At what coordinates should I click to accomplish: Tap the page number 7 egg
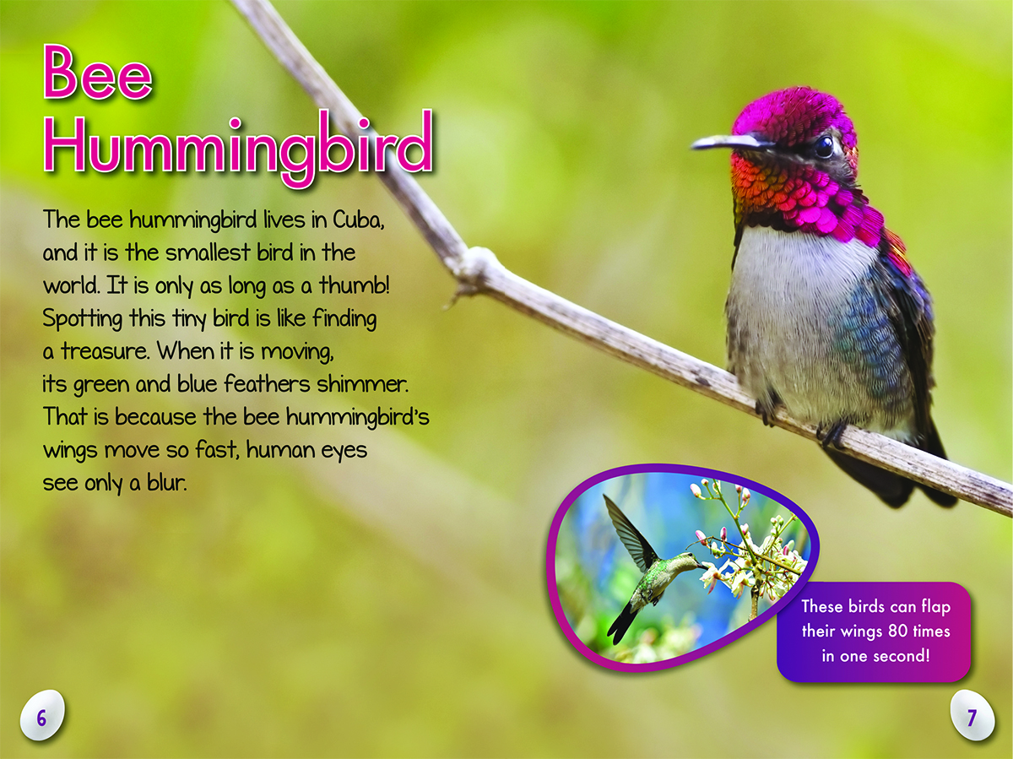click(972, 717)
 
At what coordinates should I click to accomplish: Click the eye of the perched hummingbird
click(824, 147)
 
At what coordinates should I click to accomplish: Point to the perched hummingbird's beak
click(729, 143)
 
